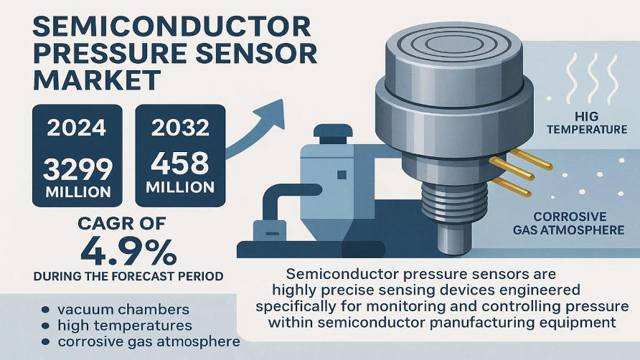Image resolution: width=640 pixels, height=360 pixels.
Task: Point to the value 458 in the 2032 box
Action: (179, 163)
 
